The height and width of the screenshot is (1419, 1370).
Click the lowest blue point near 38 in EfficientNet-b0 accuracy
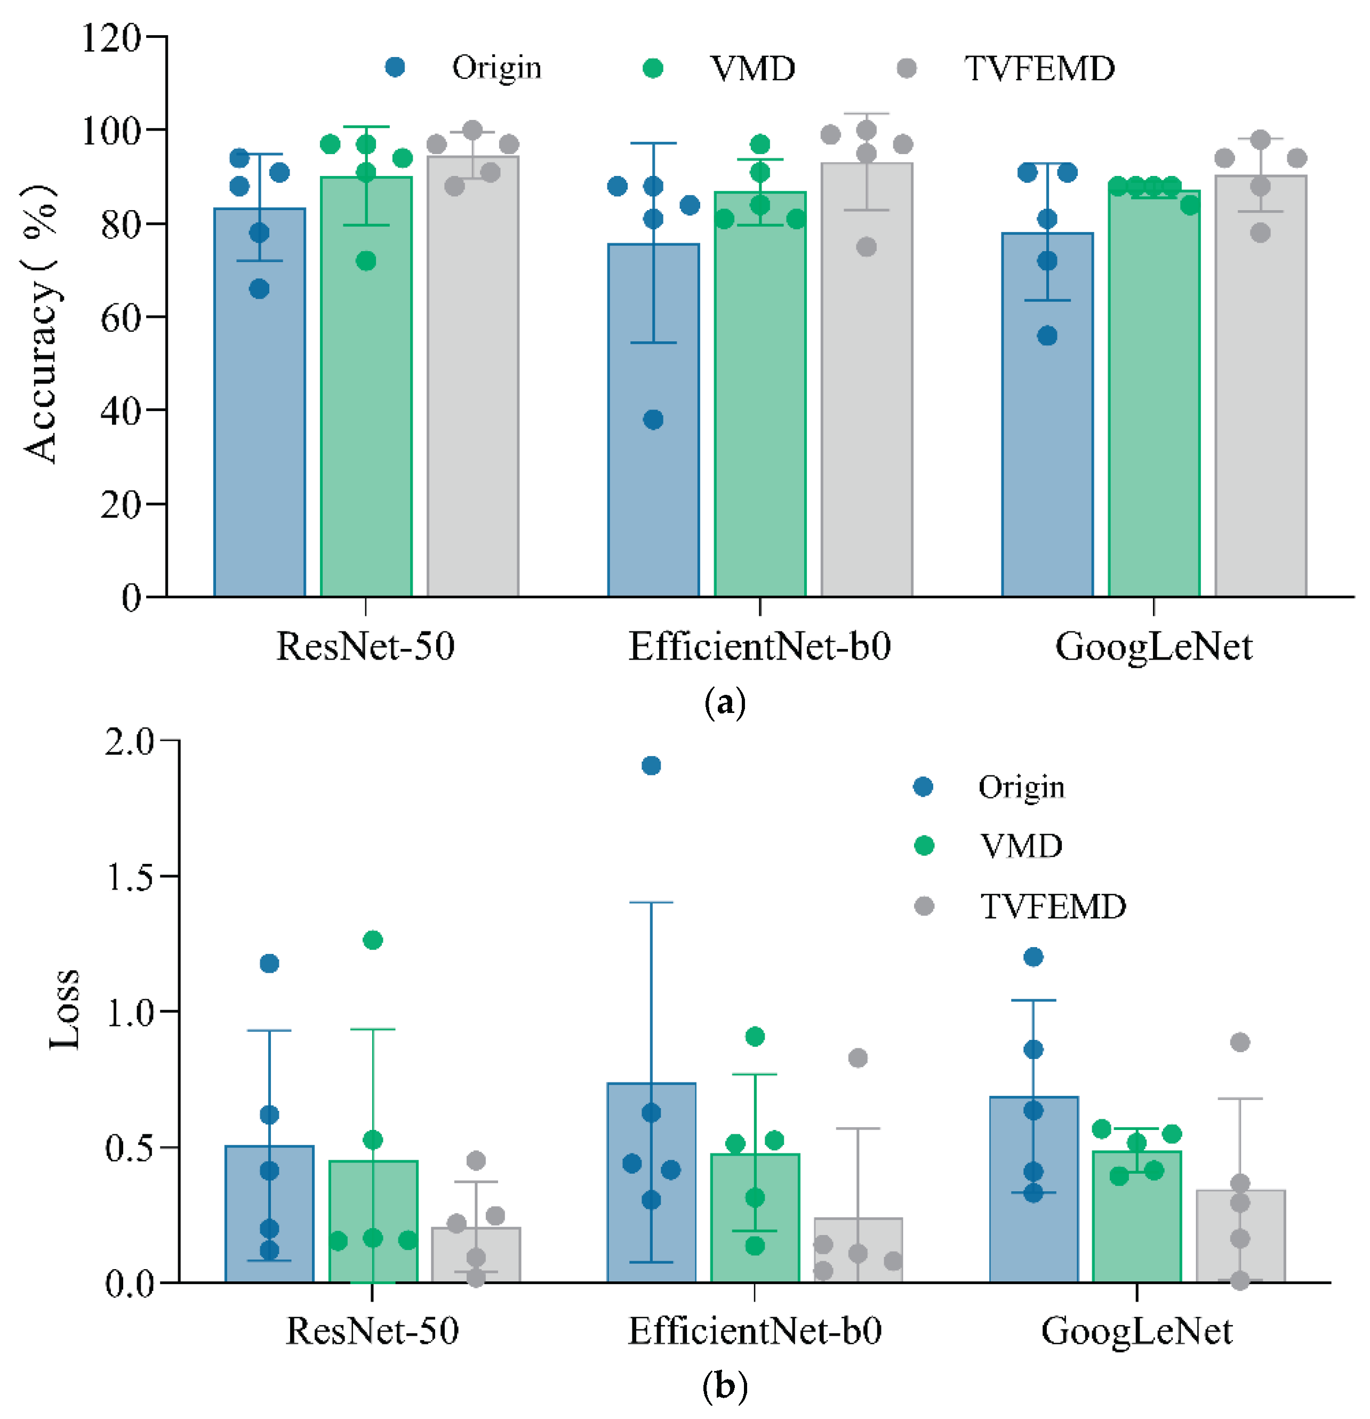click(653, 419)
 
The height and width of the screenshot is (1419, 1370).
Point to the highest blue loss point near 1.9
click(651, 765)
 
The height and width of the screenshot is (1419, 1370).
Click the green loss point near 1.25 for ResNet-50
click(372, 940)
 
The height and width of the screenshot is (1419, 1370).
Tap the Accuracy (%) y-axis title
click(40, 324)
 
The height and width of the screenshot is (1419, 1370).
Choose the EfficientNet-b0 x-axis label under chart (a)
click(759, 646)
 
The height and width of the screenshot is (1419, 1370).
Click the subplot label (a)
click(724, 702)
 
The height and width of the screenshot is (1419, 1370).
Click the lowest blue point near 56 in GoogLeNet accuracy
click(1047, 335)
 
